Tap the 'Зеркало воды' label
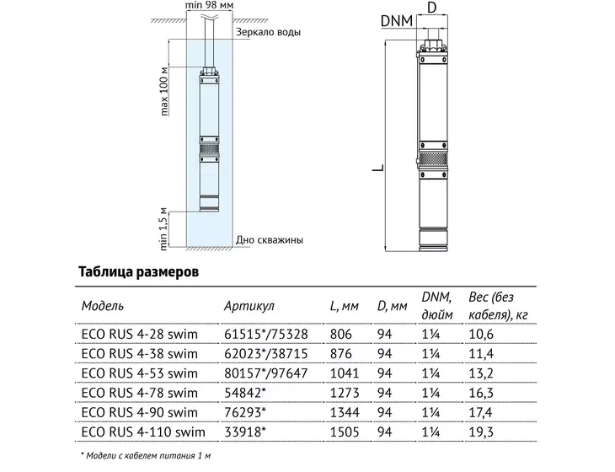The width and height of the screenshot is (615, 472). tap(268, 32)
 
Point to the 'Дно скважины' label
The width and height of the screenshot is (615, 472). tap(269, 239)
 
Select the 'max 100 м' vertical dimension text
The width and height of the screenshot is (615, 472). tap(164, 91)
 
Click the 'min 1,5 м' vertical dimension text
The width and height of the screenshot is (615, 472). tap(163, 228)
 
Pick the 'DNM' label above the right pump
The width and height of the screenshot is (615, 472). tap(397, 21)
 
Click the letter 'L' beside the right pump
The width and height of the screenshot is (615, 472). tap(378, 168)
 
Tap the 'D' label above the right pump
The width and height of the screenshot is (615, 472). tap(432, 7)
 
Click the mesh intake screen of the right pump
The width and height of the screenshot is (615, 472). tap(433, 160)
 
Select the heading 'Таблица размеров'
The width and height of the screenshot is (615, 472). tap(138, 271)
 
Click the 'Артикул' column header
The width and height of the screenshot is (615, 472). tap(249, 306)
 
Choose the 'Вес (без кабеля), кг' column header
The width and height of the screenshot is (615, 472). tap(498, 306)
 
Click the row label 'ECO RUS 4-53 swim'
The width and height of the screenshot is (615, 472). tap(140, 373)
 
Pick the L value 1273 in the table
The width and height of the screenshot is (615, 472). tap(345, 393)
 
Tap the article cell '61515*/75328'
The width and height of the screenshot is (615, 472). tap(266, 335)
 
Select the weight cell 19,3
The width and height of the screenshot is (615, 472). tap(481, 432)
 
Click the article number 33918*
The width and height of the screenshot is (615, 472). tap(245, 432)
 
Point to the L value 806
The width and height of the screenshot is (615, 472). tap(341, 335)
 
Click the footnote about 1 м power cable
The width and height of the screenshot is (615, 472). tap(146, 455)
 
